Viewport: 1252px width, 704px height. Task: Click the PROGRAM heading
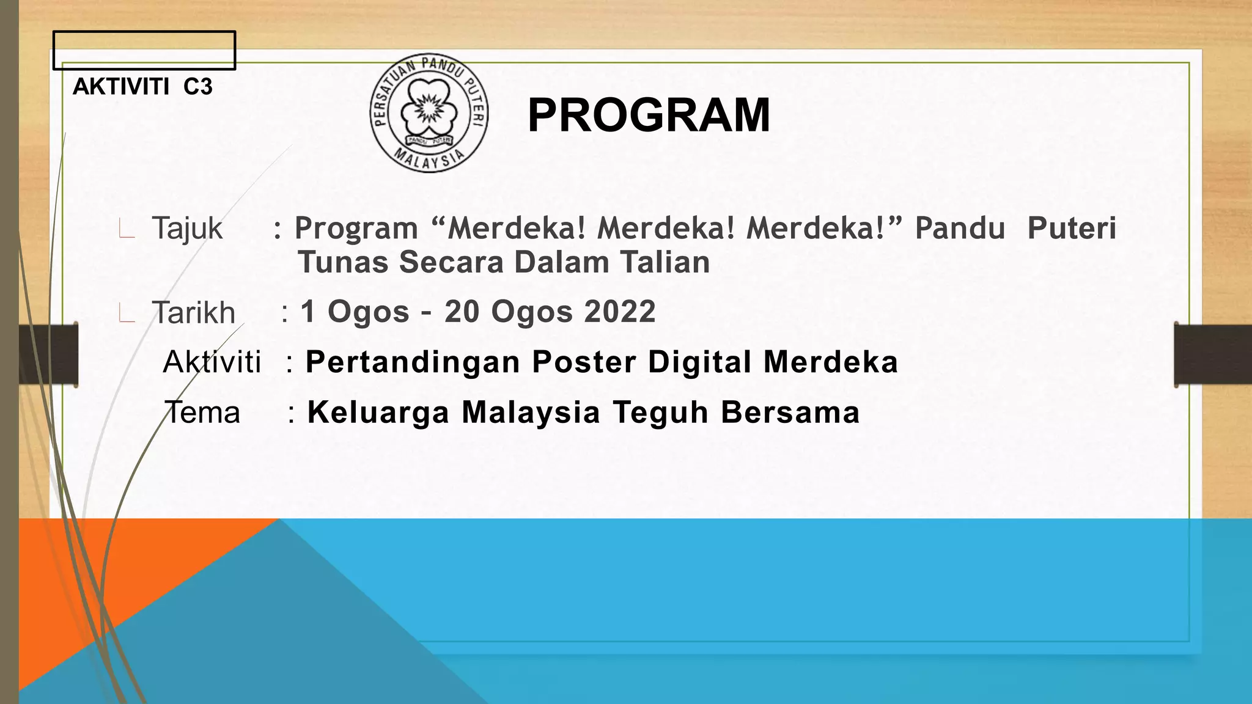(649, 116)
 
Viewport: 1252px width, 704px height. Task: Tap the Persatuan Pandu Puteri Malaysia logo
(429, 112)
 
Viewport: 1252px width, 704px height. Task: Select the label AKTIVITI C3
(142, 87)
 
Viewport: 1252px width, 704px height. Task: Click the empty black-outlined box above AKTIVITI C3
(144, 50)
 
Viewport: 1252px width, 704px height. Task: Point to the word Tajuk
(187, 229)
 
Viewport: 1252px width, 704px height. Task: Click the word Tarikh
(193, 313)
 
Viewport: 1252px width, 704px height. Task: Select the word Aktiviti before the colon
(212, 362)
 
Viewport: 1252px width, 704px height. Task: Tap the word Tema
(202, 412)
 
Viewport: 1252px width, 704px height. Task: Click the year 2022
(619, 312)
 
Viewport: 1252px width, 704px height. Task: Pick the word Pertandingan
(413, 362)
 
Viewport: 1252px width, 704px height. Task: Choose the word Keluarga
(378, 412)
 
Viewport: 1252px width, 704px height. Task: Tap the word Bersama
(790, 412)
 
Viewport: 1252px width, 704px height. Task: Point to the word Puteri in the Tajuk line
(1072, 229)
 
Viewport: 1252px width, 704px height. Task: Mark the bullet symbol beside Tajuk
(127, 230)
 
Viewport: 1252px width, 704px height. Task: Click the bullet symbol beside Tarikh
(127, 314)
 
